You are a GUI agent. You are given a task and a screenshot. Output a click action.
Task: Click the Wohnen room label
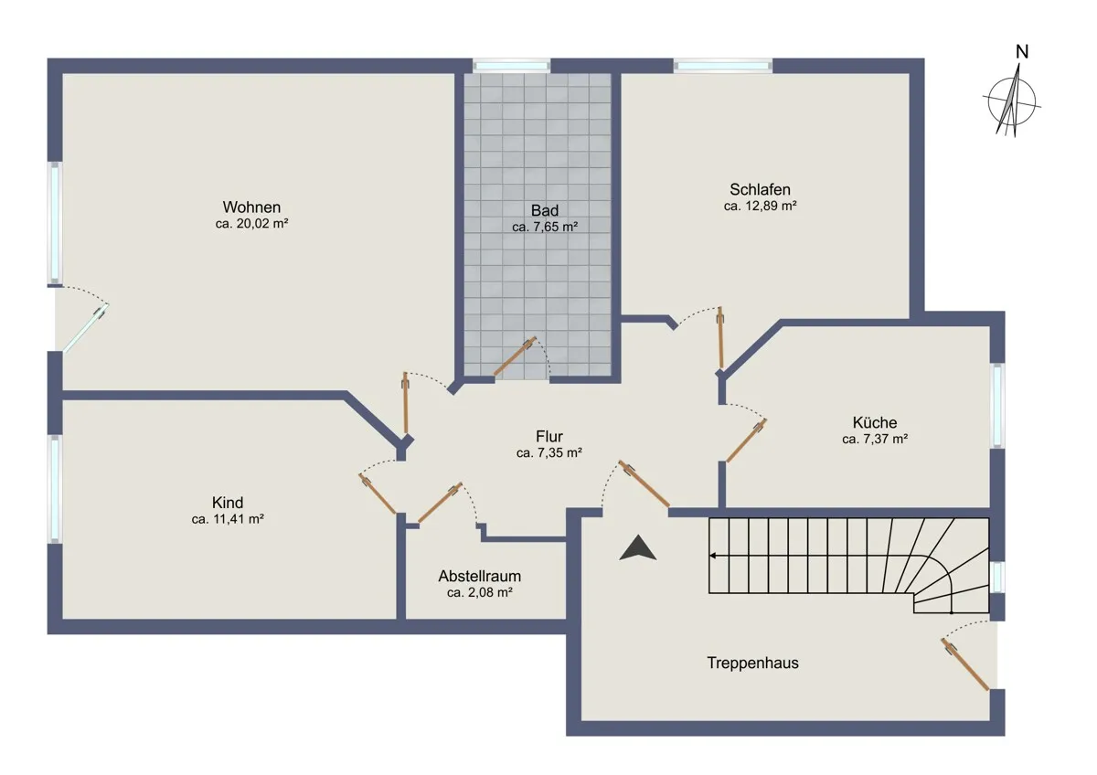pos(251,207)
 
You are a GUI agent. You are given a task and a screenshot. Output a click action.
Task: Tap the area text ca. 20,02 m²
pos(251,224)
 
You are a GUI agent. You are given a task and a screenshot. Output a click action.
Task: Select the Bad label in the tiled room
pos(545,210)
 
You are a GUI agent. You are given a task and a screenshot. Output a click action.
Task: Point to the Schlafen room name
pos(760,189)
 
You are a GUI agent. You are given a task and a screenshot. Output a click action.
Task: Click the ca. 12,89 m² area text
pos(760,207)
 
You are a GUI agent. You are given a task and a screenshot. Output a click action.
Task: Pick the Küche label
pos(875,422)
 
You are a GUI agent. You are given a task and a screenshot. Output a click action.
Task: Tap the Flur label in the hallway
pos(549,436)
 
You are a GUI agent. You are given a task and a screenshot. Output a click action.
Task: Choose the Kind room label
pos(228,503)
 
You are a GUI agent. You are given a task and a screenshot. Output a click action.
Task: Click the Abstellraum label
pos(479,577)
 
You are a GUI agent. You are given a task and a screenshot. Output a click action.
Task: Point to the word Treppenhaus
pos(752,663)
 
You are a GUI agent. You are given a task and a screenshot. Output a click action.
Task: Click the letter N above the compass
pos(1022,52)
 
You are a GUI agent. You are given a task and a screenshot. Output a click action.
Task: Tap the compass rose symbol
pos(1012,101)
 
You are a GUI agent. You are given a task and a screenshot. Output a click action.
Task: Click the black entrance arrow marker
pos(638,547)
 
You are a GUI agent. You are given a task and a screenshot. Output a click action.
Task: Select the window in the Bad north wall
pos(511,66)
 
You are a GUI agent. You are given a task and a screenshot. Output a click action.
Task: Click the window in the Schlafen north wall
pos(723,66)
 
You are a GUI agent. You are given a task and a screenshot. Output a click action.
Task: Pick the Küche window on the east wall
pos(997,405)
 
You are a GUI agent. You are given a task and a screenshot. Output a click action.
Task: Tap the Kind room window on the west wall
pos(55,489)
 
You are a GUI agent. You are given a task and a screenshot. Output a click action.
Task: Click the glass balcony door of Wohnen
pos(85,327)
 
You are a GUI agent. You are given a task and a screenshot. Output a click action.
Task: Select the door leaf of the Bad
pos(514,356)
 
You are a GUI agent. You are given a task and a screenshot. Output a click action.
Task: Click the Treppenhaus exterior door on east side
pos(964,664)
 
